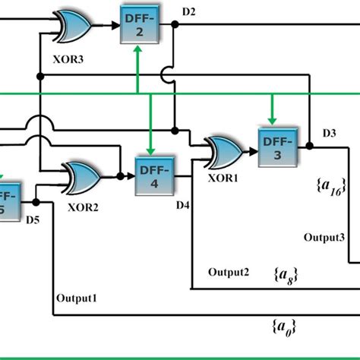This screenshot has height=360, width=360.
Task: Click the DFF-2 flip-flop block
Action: [x=137, y=26]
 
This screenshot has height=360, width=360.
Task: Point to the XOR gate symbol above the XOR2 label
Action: [x=83, y=178]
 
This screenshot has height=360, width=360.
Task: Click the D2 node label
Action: [x=189, y=11]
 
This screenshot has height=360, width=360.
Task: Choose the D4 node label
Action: [x=183, y=204]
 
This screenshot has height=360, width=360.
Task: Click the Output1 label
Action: [x=77, y=298]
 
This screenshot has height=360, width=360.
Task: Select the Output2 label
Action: [x=229, y=273]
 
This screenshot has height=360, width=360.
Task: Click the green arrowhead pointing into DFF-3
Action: [x=271, y=119]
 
